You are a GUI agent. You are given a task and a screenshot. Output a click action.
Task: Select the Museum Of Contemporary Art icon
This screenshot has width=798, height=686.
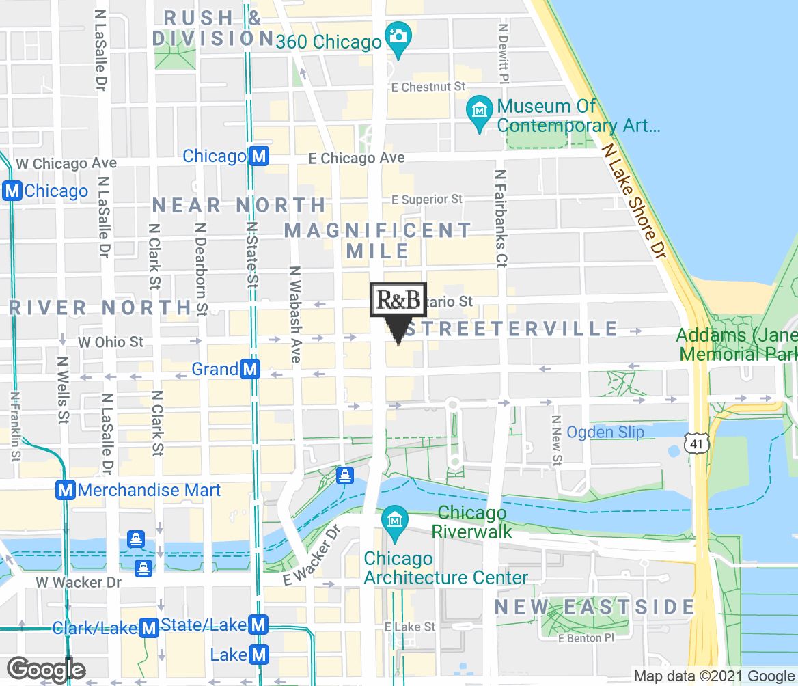tap(481, 109)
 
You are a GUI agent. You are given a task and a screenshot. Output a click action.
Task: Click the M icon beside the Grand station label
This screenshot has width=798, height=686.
tap(251, 370)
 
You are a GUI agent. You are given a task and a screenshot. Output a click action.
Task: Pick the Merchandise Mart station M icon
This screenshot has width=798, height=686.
tap(66, 490)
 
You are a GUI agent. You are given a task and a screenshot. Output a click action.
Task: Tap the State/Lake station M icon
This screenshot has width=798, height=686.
tap(258, 625)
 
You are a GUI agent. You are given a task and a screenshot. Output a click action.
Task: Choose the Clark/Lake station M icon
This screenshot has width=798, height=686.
tap(148, 628)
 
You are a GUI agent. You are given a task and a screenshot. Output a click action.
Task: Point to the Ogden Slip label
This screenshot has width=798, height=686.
tap(605, 432)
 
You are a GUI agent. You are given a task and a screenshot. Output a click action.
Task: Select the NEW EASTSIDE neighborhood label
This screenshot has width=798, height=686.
tap(594, 607)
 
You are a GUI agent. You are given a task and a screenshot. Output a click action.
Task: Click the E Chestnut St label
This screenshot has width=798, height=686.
tap(428, 87)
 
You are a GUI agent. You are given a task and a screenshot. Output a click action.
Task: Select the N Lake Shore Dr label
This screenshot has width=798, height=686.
tap(633, 198)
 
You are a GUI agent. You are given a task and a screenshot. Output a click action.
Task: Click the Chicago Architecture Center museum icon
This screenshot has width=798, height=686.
tap(394, 521)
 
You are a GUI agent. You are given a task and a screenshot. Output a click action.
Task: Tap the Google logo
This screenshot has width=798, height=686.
tap(46, 670)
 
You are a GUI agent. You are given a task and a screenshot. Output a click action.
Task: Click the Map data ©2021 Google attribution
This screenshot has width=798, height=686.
tap(714, 676)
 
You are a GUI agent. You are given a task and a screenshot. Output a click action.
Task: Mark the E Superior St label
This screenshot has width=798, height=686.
tap(427, 200)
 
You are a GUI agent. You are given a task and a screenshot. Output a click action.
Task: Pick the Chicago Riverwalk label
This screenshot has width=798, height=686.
tap(472, 521)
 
